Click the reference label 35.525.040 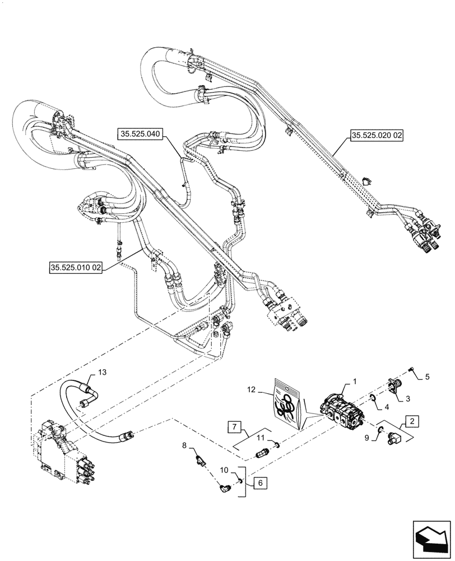coord(139,134)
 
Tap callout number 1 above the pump coord(354,381)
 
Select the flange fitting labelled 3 coord(396,385)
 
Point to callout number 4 coord(386,405)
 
